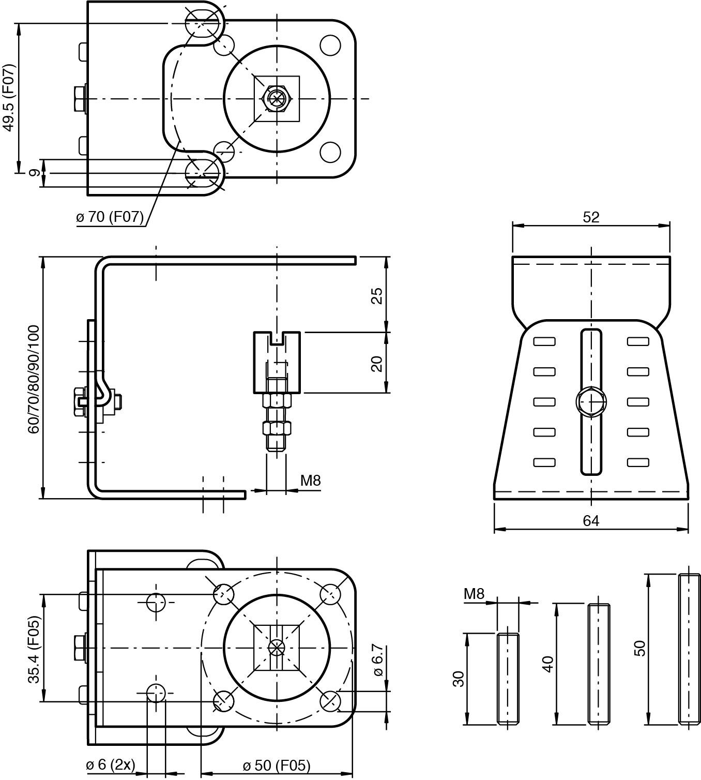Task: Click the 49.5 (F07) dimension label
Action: coord(9,97)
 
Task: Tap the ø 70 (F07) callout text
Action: coord(110,217)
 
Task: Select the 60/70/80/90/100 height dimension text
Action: coord(34,380)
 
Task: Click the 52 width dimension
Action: coord(591,217)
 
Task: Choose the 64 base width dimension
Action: coord(591,521)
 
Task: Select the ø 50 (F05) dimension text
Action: coord(277,765)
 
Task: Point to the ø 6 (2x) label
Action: coord(111,764)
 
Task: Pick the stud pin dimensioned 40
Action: coord(599,664)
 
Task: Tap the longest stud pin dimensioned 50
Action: coord(690,649)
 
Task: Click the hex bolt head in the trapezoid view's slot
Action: coord(591,402)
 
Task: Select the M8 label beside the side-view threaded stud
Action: coord(311,481)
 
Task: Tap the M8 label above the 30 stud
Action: coord(475,594)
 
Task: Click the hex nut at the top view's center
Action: coord(277,98)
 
